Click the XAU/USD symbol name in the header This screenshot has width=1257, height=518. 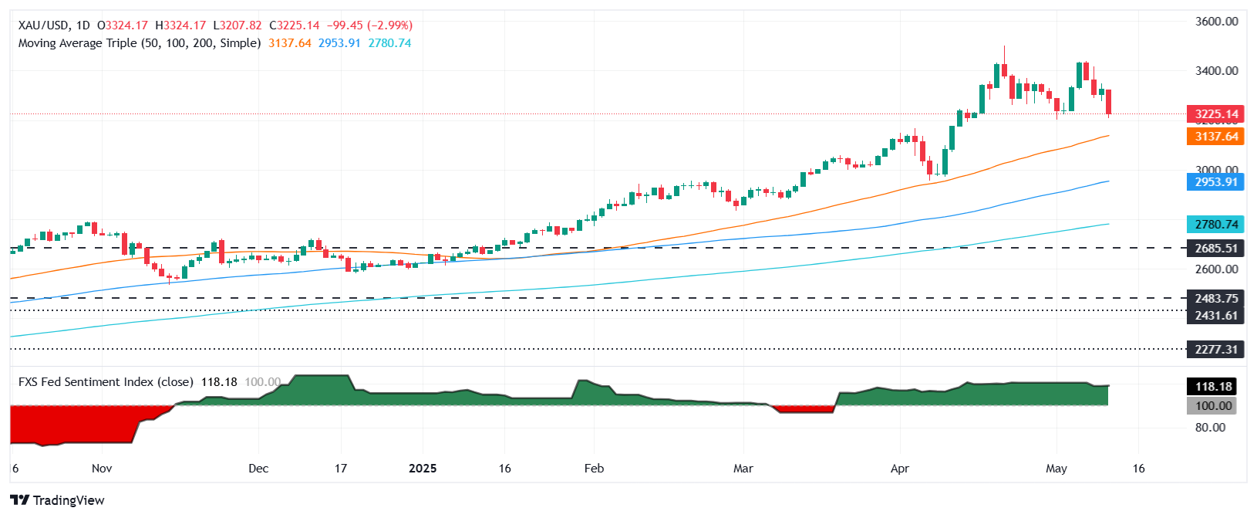[x=43, y=25]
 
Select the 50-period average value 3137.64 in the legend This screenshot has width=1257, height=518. [x=290, y=43]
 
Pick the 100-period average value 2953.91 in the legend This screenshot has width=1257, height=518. [x=339, y=43]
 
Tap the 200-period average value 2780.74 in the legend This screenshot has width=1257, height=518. [x=389, y=43]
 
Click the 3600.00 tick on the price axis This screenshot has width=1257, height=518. [x=1216, y=22]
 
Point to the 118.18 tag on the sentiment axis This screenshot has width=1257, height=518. [x=1213, y=387]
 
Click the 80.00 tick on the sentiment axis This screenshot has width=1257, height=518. [x=1210, y=428]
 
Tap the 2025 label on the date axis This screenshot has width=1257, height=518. [x=423, y=469]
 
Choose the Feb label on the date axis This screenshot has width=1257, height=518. [x=594, y=469]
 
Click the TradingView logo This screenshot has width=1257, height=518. [x=58, y=500]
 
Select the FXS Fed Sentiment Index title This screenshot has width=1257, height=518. [x=106, y=382]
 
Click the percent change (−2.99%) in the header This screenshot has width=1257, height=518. [x=391, y=25]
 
